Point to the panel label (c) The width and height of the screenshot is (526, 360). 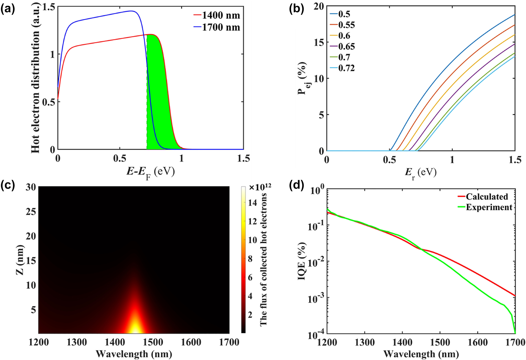(8, 186)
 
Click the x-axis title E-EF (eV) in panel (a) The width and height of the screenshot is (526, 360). (151, 172)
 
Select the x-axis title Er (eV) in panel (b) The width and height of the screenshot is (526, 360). (421, 173)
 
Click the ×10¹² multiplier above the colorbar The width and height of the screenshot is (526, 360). (260, 187)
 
